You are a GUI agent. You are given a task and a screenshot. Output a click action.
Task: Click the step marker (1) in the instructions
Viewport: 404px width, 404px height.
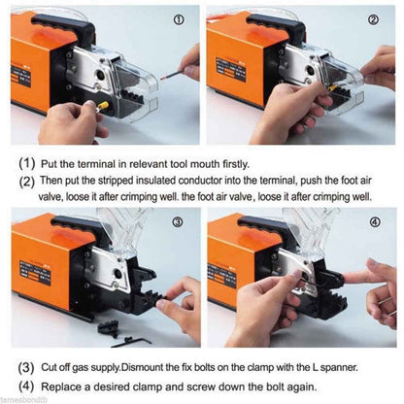pos(27,164)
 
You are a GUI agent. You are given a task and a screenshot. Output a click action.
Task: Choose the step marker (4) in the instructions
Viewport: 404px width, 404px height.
pos(27,386)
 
